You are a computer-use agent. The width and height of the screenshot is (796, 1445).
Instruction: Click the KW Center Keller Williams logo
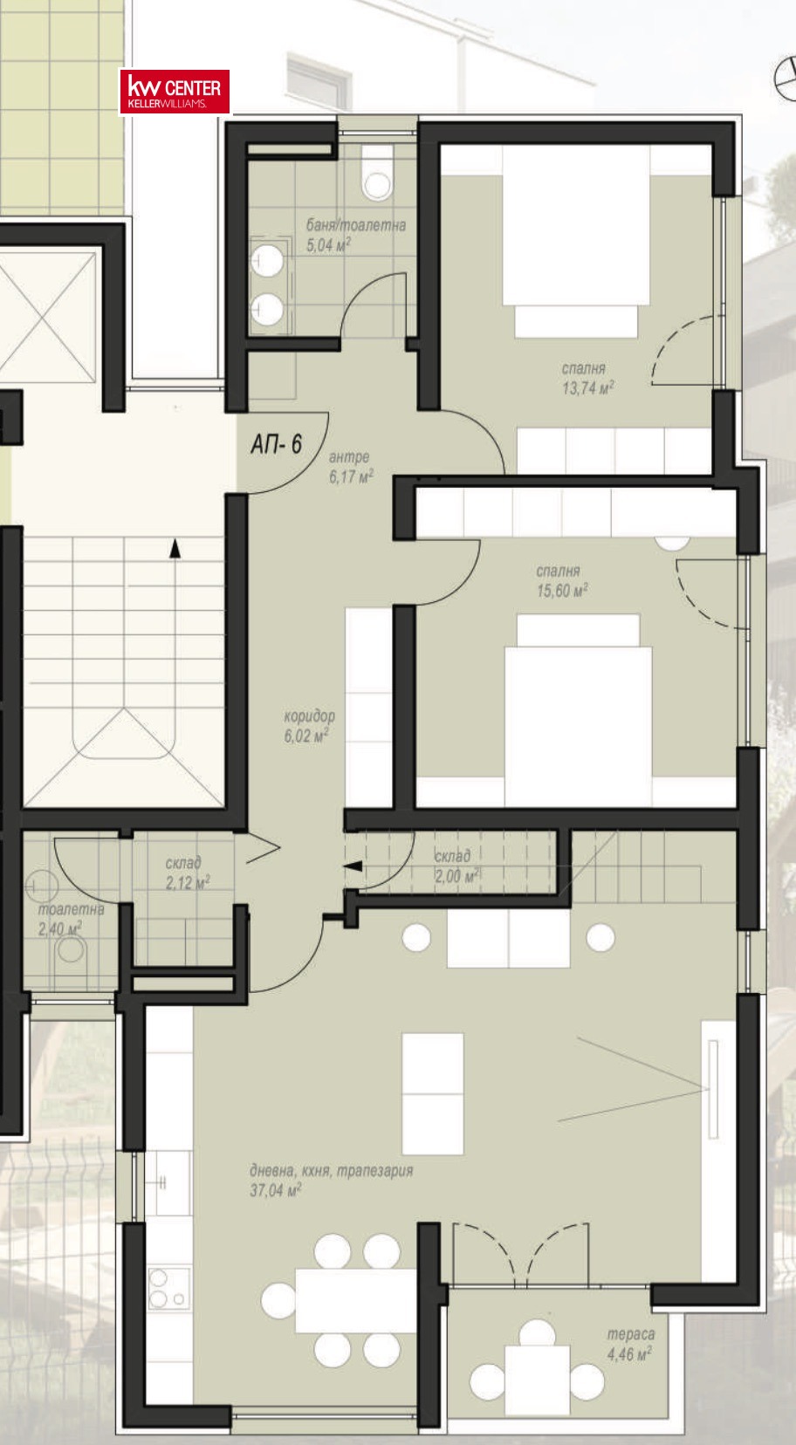[175, 92]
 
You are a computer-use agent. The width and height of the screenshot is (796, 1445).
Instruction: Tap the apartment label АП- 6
[276, 444]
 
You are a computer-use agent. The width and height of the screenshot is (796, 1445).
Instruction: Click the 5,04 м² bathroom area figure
[328, 244]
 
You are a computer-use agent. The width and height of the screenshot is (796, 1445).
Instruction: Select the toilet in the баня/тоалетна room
[377, 172]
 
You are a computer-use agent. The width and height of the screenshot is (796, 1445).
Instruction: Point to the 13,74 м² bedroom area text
[587, 387]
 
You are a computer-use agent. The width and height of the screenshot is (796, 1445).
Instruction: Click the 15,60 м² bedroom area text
[562, 590]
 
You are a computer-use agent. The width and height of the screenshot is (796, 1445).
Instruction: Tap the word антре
[349, 457]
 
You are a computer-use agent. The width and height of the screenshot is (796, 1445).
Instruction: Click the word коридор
[310, 716]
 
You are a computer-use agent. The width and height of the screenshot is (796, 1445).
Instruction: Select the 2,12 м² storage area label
[188, 882]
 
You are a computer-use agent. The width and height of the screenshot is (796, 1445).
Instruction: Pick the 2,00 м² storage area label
[456, 875]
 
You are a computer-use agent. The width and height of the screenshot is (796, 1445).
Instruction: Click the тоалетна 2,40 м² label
[71, 919]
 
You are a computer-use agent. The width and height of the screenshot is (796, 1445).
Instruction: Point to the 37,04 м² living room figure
[276, 1190]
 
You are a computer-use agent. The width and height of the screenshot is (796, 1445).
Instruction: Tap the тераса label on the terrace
[630, 1334]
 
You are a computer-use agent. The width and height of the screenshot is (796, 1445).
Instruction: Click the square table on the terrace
[538, 1380]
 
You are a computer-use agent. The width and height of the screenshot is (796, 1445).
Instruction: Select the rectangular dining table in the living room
[355, 1300]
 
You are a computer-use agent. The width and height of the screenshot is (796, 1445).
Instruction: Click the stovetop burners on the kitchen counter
[169, 1288]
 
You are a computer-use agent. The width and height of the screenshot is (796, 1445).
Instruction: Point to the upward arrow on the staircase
[175, 548]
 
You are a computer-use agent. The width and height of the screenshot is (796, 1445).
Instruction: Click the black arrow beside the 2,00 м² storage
[353, 866]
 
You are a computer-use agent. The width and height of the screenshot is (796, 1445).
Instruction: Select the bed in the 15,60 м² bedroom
[578, 709]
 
